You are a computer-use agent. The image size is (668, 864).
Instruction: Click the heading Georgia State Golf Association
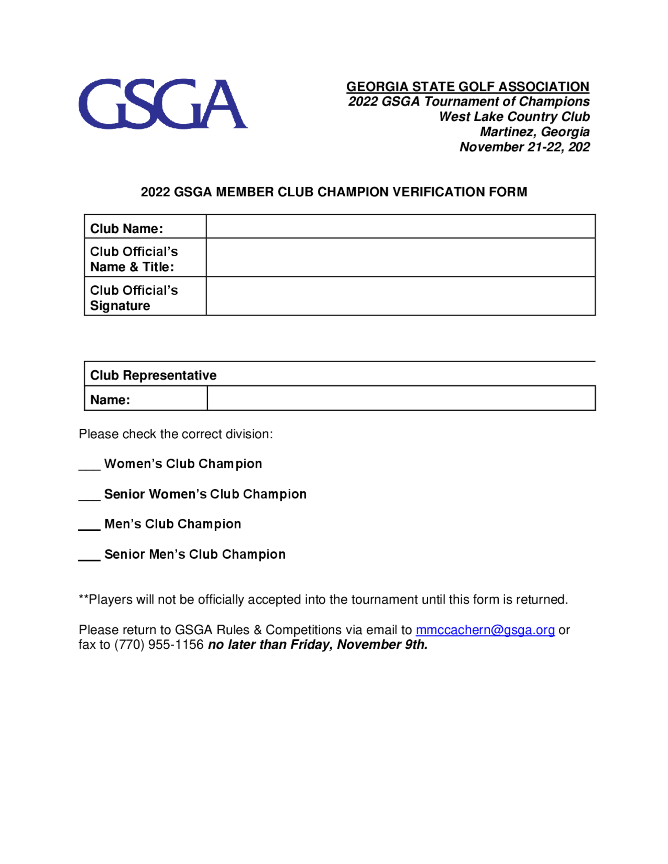pyautogui.click(x=467, y=87)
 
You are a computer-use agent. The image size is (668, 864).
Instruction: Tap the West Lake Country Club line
pyautogui.click(x=514, y=117)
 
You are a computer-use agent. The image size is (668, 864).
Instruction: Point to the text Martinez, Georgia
pyautogui.click(x=534, y=132)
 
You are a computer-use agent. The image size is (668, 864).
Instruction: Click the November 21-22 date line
pyautogui.click(x=524, y=147)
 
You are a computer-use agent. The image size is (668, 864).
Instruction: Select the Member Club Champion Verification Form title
pyautogui.click(x=334, y=192)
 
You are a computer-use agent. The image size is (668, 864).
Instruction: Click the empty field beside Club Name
pyautogui.click(x=400, y=227)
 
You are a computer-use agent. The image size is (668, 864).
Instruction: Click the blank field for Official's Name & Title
pyautogui.click(x=400, y=257)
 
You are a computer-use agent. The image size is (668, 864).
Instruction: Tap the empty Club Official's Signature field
pyautogui.click(x=400, y=296)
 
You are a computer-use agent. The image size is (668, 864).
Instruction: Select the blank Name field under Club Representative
pyautogui.click(x=401, y=398)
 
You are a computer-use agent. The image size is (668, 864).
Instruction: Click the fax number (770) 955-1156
pyautogui.click(x=159, y=645)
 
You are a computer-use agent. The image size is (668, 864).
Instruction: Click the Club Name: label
pyautogui.click(x=126, y=229)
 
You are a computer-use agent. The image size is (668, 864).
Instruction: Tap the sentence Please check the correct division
pyautogui.click(x=175, y=434)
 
